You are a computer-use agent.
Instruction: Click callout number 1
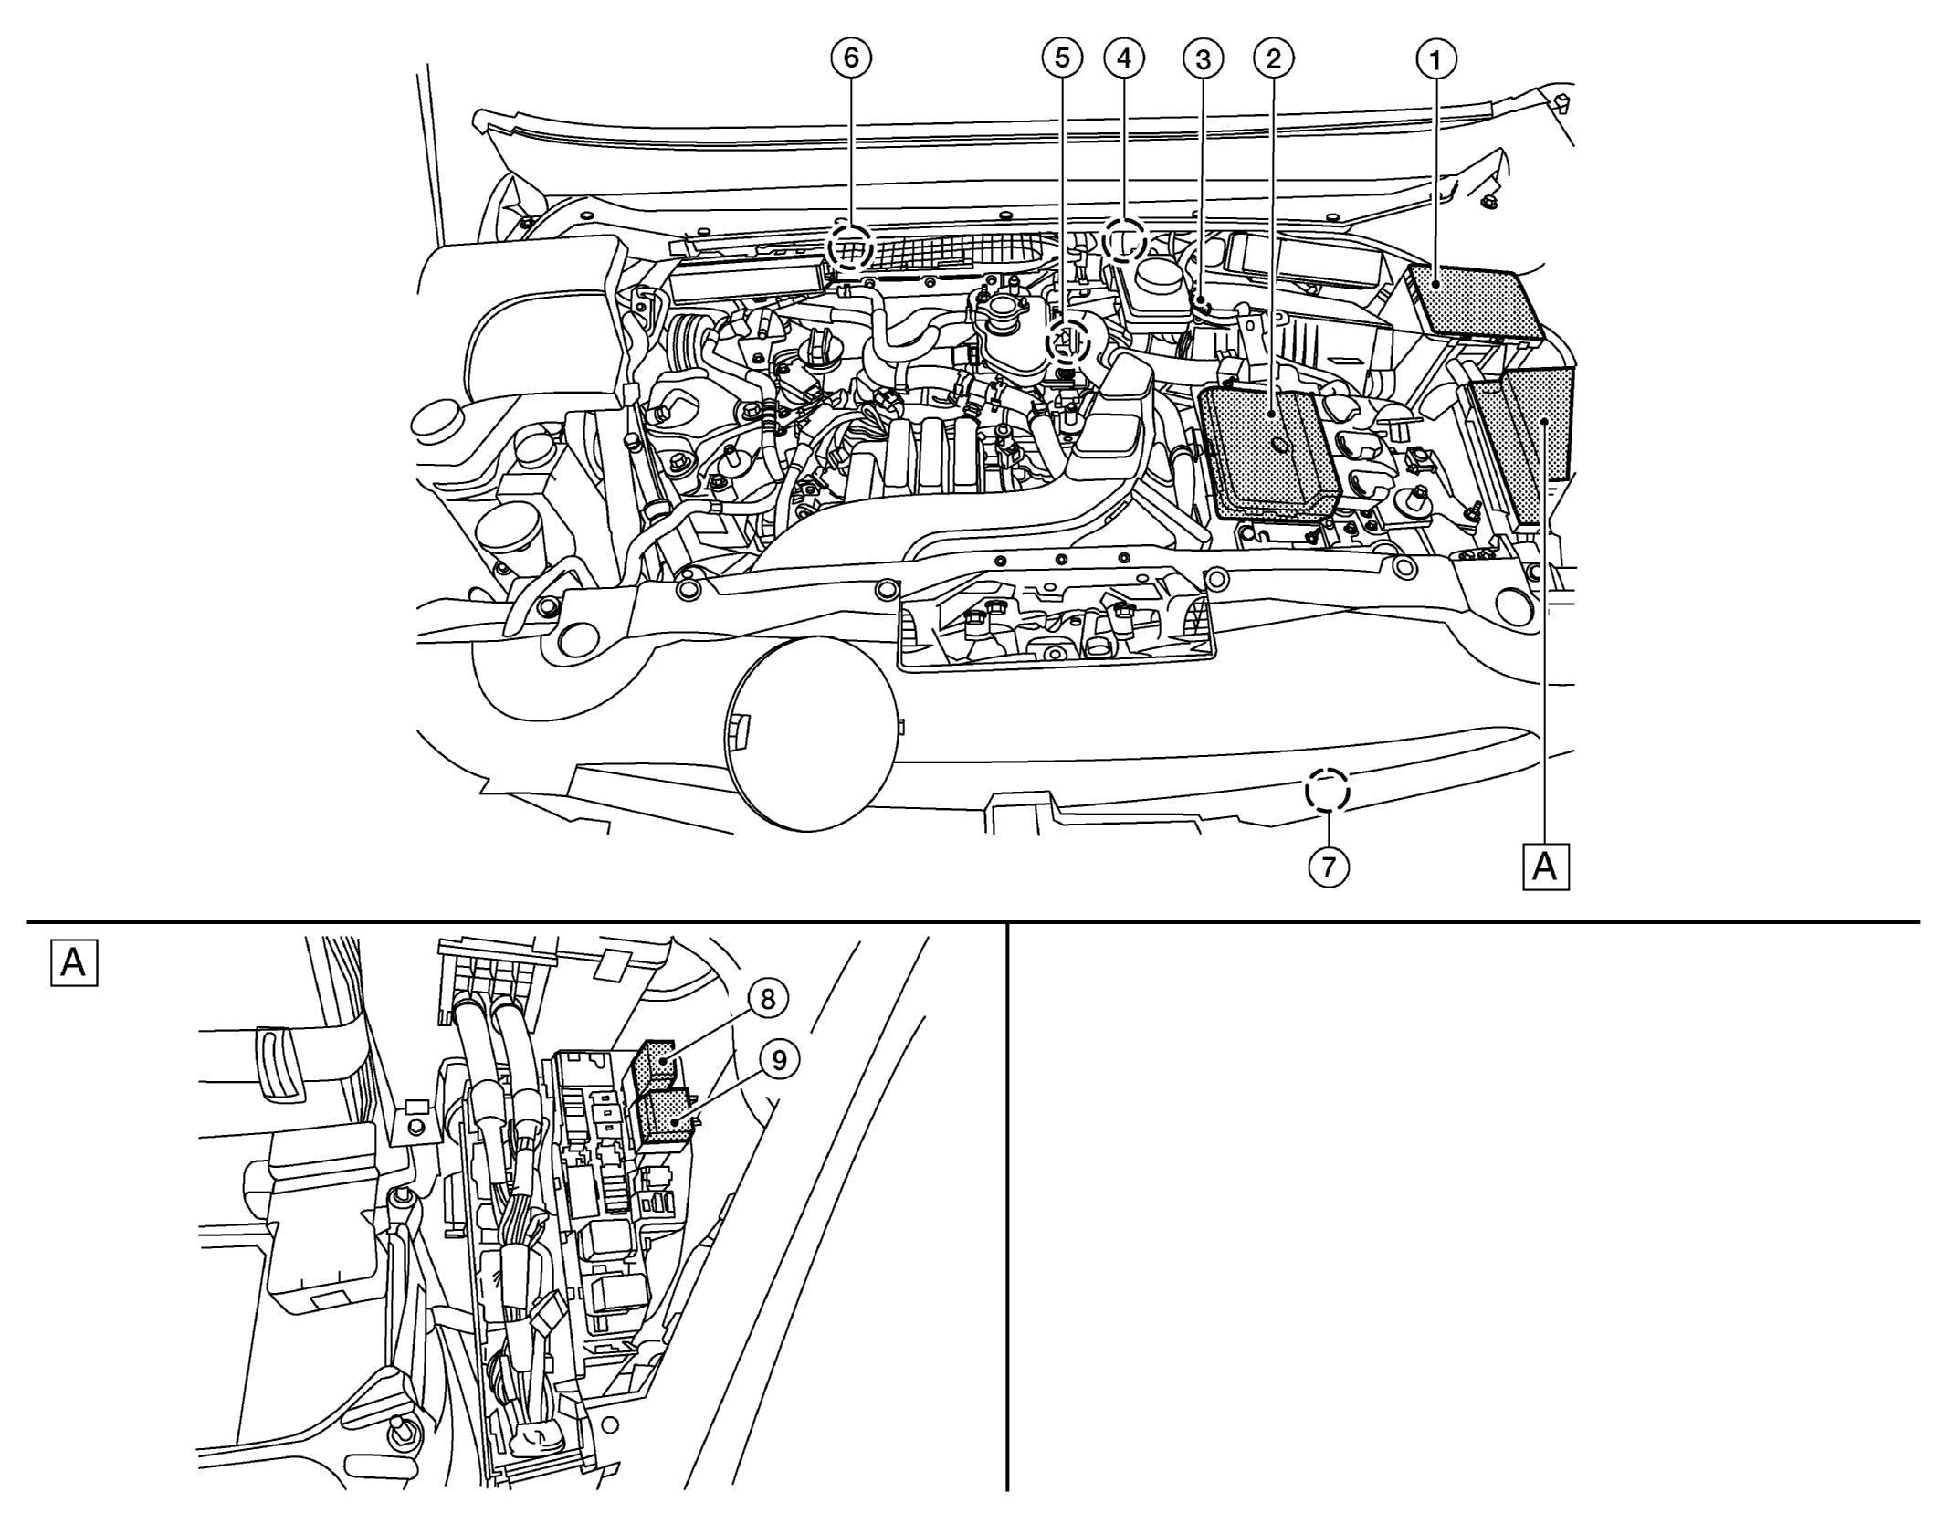tap(1436, 60)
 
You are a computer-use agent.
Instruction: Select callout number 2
tap(1274, 59)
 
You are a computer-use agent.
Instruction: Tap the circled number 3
tap(1203, 59)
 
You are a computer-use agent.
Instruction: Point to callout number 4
tap(1124, 58)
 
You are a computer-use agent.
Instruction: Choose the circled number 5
tap(1061, 58)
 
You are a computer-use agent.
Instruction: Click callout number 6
tap(851, 58)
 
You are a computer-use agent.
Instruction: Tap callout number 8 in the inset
tap(767, 999)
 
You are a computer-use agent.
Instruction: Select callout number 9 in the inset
tap(779, 1060)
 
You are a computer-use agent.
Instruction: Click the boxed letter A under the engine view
tap(1545, 867)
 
